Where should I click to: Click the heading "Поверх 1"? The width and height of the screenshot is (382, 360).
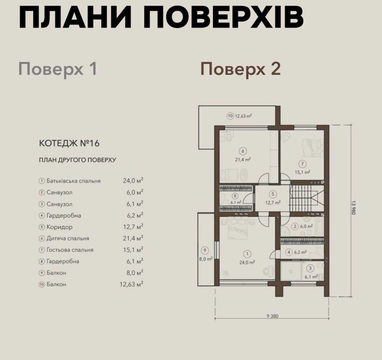pyautogui.click(x=58, y=69)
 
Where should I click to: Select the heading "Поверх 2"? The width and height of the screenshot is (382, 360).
pyautogui.click(x=240, y=69)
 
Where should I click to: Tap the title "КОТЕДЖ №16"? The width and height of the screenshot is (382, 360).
pyautogui.click(x=69, y=143)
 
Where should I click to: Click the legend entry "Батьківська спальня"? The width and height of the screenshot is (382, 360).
pyautogui.click(x=74, y=181)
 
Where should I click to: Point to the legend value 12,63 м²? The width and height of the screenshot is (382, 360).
pyautogui.click(x=131, y=284)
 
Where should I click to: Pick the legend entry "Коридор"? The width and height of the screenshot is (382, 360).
pyautogui.click(x=60, y=227)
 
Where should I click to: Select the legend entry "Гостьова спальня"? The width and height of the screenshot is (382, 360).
pyautogui.click(x=70, y=250)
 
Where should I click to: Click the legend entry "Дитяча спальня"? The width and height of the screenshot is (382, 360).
pyautogui.click(x=68, y=238)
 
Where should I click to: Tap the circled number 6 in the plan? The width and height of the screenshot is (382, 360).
pyautogui.click(x=243, y=151)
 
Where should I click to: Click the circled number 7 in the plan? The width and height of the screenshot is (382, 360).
pyautogui.click(x=302, y=164)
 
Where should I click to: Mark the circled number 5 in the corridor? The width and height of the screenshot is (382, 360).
pyautogui.click(x=273, y=194)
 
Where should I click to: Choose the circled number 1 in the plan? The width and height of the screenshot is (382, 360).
pyautogui.click(x=247, y=254)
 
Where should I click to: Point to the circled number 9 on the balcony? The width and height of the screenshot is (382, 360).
pyautogui.click(x=205, y=250)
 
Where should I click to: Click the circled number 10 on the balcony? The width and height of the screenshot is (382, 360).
pyautogui.click(x=230, y=116)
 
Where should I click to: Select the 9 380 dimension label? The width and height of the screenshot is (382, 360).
pyautogui.click(x=272, y=316)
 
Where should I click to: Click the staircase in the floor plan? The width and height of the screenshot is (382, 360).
pyautogui.click(x=307, y=198)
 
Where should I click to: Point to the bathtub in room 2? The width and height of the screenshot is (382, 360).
pyautogui.click(x=319, y=226)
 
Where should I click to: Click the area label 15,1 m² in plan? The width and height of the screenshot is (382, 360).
pyautogui.click(x=302, y=172)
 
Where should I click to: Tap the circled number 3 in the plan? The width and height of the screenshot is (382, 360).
pyautogui.click(x=310, y=268)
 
